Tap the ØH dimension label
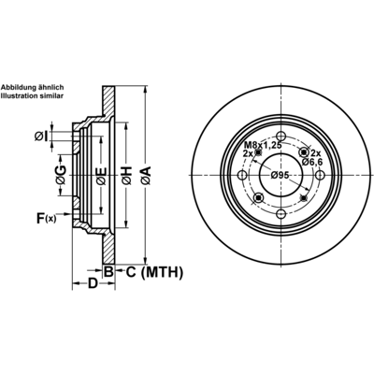(x=126, y=175)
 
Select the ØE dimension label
(x=101, y=176)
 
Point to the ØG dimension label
(x=61, y=176)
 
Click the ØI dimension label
(x=41, y=137)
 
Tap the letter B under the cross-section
(x=108, y=272)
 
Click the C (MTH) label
(x=154, y=272)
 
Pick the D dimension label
(x=93, y=284)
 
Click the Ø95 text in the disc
(x=280, y=175)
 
